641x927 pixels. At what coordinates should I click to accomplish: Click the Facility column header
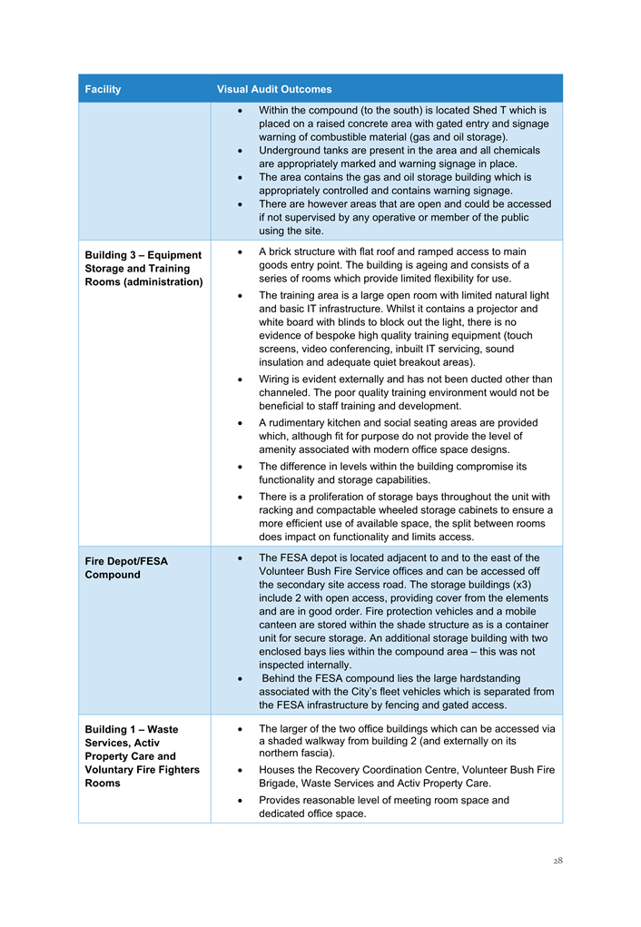(x=103, y=89)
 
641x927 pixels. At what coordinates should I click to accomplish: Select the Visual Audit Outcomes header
(x=274, y=89)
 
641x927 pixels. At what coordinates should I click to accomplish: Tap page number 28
(x=557, y=861)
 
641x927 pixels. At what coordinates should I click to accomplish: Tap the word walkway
(x=352, y=741)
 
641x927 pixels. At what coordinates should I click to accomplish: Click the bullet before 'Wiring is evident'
(x=238, y=380)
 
